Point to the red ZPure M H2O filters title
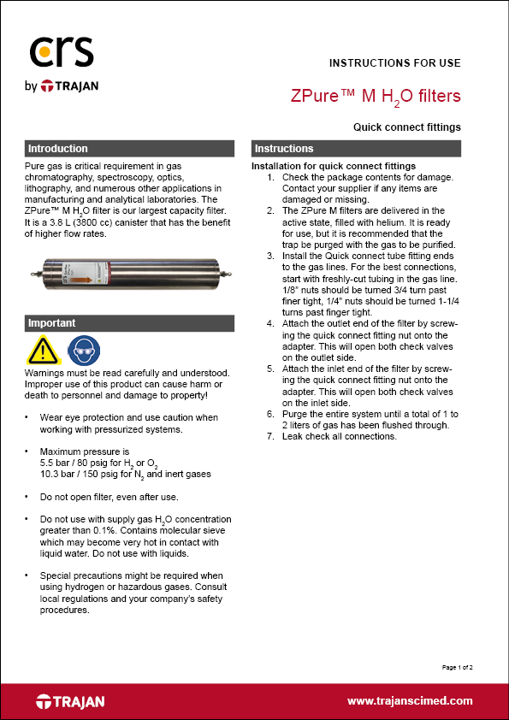pos(376,96)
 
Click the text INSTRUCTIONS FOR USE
pos(395,62)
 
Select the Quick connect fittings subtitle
pos(407,127)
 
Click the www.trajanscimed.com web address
pos(410,700)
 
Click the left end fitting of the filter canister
pos(33,274)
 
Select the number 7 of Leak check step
pos(270,437)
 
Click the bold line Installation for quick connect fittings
pos(334,165)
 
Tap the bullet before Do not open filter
pos(28,496)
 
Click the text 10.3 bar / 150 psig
pos(75,474)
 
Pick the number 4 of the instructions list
pos(270,323)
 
